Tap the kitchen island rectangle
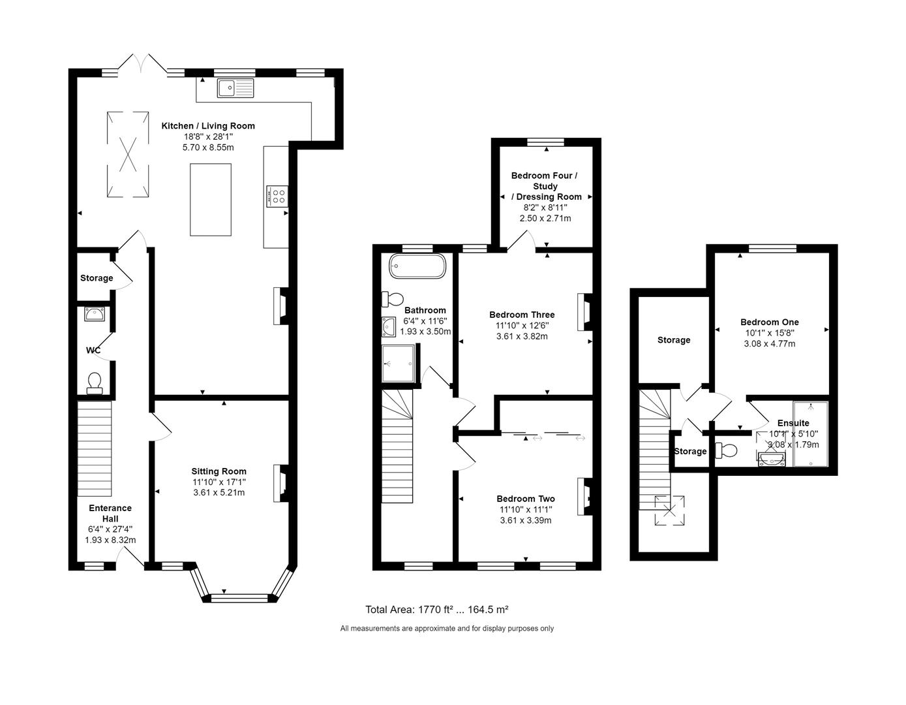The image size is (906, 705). coord(210,199)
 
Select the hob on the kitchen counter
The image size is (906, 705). coord(279,196)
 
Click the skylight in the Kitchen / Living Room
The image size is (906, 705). coord(128,153)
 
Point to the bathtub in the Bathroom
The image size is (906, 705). coord(417,267)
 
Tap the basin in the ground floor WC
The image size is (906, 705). coord(95,315)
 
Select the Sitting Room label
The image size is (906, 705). coord(219,471)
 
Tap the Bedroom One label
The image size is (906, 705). coord(769,322)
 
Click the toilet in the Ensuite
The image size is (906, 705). coord(726,450)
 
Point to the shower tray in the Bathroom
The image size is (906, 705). coord(398,364)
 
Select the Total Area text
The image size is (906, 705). coord(436,610)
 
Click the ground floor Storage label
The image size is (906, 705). coord(97,278)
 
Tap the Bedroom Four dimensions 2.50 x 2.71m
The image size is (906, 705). coord(545,218)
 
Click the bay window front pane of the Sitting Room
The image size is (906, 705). coord(239,597)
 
